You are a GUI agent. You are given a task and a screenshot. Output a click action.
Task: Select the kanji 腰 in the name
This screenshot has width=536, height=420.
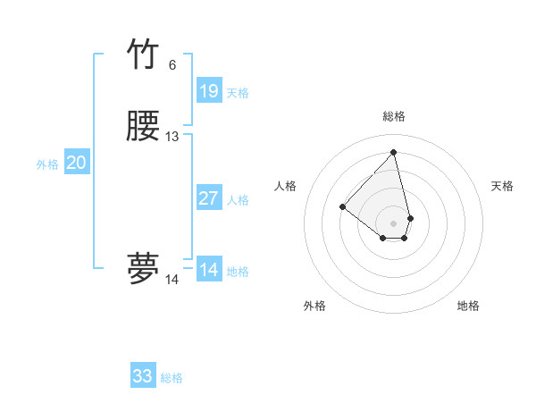[x=143, y=128]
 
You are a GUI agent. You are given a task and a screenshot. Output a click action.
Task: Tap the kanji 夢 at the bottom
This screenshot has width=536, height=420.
[x=143, y=269]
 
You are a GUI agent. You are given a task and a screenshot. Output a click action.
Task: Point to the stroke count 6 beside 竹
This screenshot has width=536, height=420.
[x=172, y=65]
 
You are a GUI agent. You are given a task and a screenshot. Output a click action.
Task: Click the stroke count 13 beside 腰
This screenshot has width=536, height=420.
[x=172, y=137]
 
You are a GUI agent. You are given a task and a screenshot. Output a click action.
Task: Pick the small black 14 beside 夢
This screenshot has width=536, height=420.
[x=172, y=280]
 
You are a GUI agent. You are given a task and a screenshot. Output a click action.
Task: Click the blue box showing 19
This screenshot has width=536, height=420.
[x=208, y=91]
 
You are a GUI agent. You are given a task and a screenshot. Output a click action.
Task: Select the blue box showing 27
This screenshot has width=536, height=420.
[x=208, y=198]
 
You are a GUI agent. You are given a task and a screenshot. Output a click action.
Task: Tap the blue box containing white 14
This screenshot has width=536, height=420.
[x=208, y=270]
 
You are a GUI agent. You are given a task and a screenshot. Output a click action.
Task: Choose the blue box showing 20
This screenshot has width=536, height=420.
[x=76, y=163]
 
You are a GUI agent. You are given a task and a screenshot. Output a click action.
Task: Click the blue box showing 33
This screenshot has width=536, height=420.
[x=143, y=376]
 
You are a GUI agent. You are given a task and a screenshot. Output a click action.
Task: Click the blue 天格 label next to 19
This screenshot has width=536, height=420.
[x=238, y=93]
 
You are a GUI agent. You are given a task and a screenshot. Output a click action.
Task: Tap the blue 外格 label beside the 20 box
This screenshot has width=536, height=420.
[x=47, y=164]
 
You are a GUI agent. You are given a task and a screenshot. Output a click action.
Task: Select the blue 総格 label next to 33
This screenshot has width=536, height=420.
[x=172, y=378]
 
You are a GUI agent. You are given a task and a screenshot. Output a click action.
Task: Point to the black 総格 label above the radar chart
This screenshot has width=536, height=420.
[x=394, y=116]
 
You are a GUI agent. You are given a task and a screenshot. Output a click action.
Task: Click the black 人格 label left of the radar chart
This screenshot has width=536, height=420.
[x=286, y=186]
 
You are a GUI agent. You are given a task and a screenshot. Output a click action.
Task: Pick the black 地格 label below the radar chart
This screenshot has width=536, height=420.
[x=468, y=306]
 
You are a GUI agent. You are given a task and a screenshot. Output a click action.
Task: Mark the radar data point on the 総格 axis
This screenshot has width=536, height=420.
[x=393, y=152]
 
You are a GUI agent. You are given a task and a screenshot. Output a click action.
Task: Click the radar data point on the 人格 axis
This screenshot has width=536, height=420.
[x=342, y=207]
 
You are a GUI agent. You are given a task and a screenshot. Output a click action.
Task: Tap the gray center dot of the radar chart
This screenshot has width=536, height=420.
[x=393, y=223]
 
